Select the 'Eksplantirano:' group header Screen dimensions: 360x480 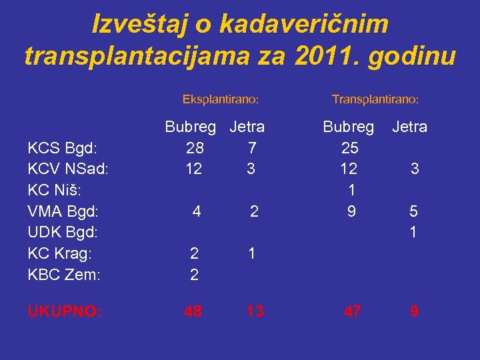click(221, 99)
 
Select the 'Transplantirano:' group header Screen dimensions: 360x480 click(375, 99)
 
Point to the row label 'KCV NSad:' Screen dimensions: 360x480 click(67, 169)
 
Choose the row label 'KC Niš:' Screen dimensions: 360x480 click(55, 191)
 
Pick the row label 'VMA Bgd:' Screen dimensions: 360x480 click(63, 212)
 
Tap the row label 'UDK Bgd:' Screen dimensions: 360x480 click(63, 233)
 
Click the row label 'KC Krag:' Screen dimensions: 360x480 click(60, 254)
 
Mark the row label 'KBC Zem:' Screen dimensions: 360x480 click(64, 275)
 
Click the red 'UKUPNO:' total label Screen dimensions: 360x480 click(65, 311)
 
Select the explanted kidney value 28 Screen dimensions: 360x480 click(195, 148)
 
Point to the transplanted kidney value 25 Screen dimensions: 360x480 click(349, 148)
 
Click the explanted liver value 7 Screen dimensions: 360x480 click(251, 148)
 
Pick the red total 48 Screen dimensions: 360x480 click(194, 311)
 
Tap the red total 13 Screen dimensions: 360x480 click(255, 311)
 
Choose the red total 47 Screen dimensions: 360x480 click(353, 311)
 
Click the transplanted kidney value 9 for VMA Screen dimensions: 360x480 click(351, 212)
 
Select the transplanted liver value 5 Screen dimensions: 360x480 click(414, 212)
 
